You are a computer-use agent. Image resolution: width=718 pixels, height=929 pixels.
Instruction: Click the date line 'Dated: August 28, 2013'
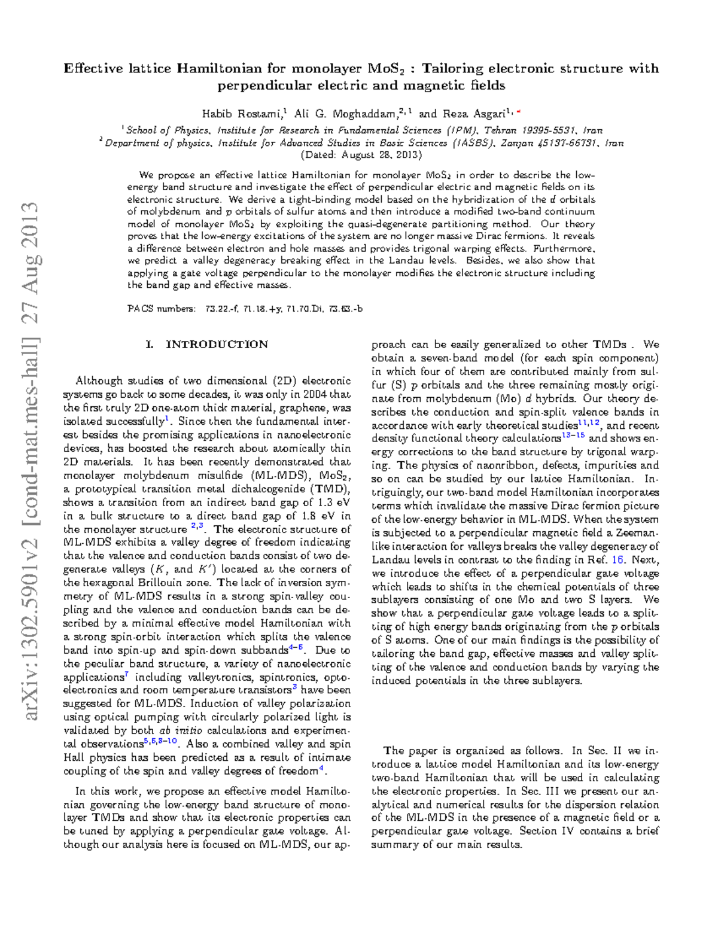point(360,155)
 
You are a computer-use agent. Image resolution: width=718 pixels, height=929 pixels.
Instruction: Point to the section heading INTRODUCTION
point(217,345)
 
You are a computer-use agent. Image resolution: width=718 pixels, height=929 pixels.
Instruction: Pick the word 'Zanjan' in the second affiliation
point(517,143)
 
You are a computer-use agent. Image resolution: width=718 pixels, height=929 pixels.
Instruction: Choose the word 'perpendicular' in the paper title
point(264,86)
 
